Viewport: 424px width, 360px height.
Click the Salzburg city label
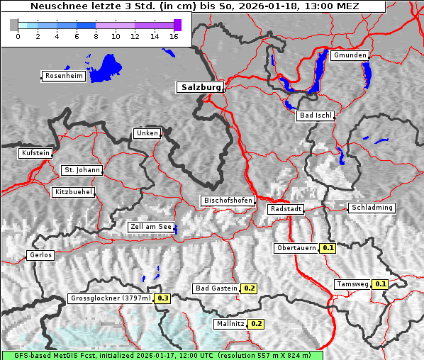coord(199,87)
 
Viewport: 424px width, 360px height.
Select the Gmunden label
coord(350,55)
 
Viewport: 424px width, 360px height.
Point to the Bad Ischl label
coord(315,116)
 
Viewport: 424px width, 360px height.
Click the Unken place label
coord(146,133)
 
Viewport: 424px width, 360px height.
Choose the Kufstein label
coord(35,153)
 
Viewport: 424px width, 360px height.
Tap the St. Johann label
coord(82,170)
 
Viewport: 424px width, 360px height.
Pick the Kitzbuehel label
coord(73,192)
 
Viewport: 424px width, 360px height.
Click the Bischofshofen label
coord(228,201)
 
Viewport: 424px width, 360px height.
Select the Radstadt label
coord(286,209)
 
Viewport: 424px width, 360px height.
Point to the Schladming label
coord(372,208)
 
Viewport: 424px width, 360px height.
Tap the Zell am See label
coord(151,227)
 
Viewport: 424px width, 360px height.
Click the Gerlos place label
coord(40,255)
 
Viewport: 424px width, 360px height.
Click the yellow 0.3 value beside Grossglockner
coord(163,298)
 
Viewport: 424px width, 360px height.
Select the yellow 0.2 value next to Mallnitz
coord(257,324)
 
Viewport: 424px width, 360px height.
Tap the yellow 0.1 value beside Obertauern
coord(328,248)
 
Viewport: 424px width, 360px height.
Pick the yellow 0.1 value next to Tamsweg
coord(381,284)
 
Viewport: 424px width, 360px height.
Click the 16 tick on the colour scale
coord(174,36)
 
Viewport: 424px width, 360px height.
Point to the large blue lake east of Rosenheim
coord(107,68)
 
